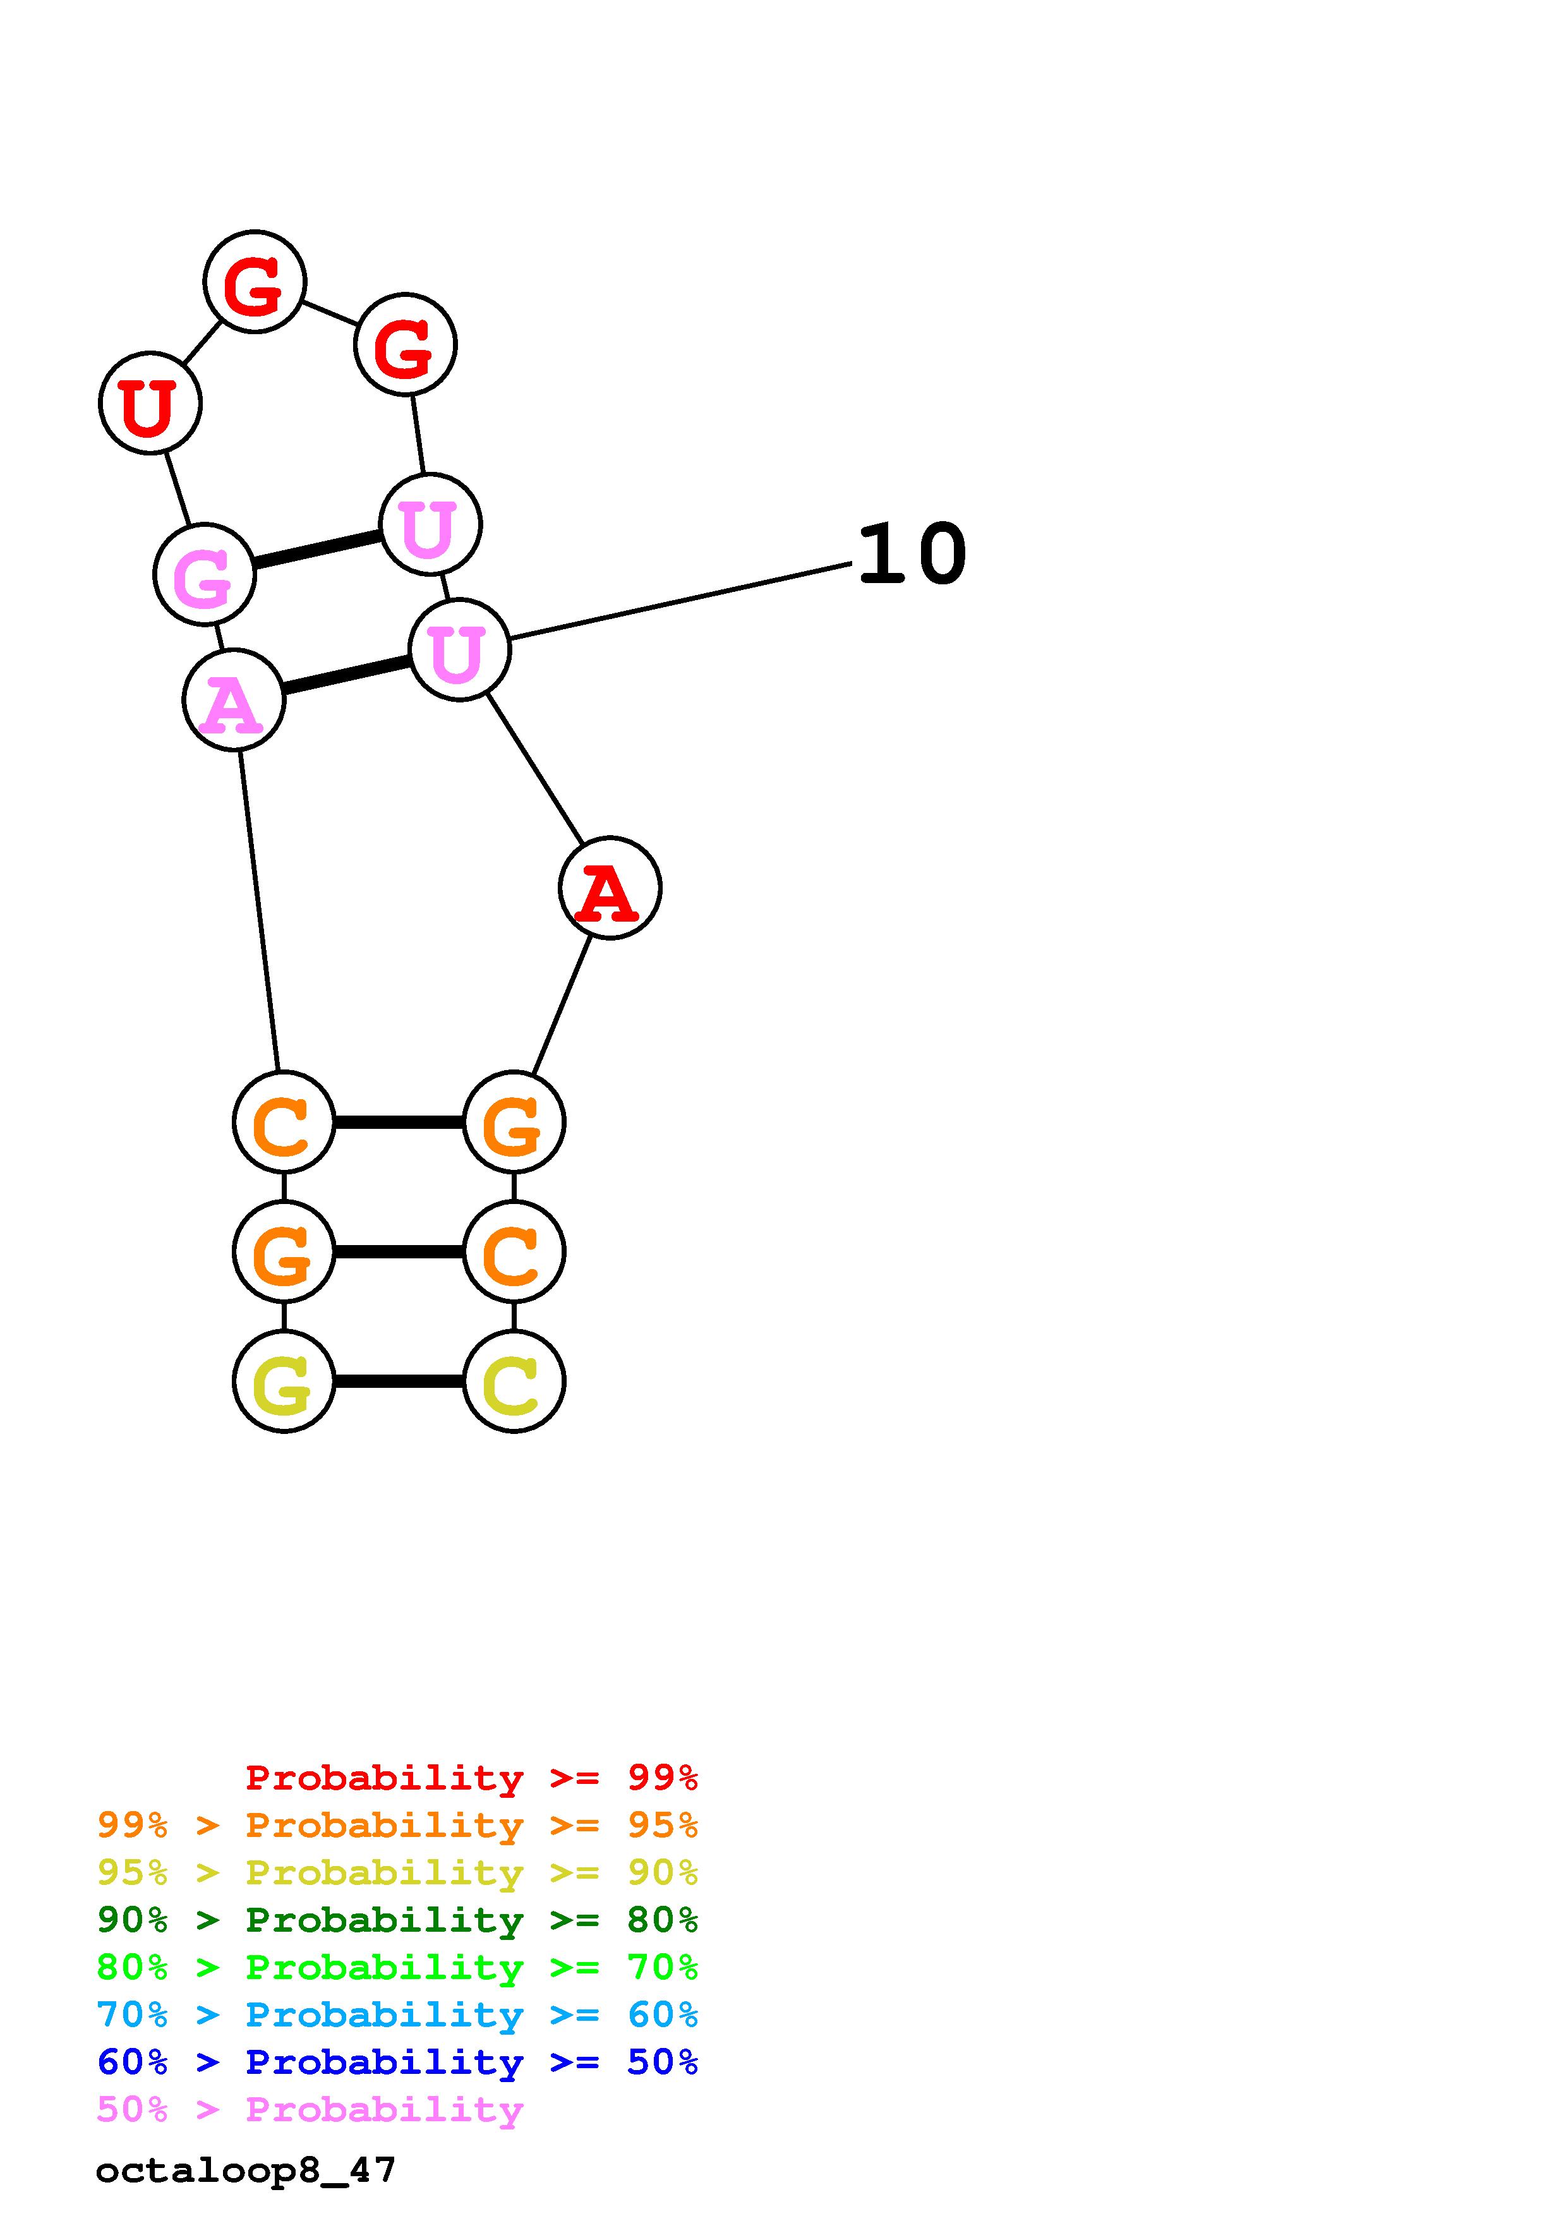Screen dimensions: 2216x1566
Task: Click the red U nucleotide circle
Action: point(150,402)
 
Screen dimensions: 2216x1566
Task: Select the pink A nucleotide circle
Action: point(234,700)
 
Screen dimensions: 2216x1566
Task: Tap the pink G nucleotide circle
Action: point(205,574)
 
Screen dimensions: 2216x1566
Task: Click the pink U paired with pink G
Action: point(430,524)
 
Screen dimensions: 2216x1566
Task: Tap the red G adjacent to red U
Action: point(255,281)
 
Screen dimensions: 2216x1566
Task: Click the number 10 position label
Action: point(911,555)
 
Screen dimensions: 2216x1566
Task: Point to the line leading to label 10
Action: point(680,600)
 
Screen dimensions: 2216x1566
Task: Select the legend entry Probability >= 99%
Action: point(471,1777)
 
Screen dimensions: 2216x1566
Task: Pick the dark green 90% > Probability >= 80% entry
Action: point(397,1920)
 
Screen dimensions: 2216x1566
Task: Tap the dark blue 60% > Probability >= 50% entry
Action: point(397,2062)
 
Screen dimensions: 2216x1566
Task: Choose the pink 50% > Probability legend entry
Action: point(310,2110)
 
